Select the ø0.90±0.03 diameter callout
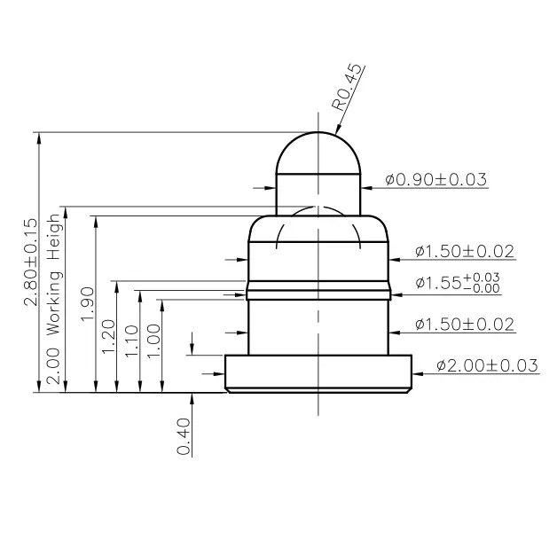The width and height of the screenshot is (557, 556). pyautogui.click(x=435, y=180)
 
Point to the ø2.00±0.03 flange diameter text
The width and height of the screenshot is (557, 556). pyautogui.click(x=487, y=364)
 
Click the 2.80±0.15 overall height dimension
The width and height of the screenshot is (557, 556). pyautogui.click(x=29, y=262)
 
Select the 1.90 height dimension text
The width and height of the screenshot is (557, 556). pyautogui.click(x=87, y=304)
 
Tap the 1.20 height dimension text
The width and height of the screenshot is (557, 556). pyautogui.click(x=108, y=337)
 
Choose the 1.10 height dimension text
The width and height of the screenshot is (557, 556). pyautogui.click(x=131, y=341)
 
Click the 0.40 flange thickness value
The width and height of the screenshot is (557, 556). pyautogui.click(x=184, y=437)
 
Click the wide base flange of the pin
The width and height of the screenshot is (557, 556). pyautogui.click(x=318, y=372)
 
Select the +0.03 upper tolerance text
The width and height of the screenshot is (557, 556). pyautogui.click(x=482, y=276)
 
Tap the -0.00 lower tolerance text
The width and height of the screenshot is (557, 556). pyautogui.click(x=482, y=288)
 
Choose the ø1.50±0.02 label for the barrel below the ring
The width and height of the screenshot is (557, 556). pyautogui.click(x=465, y=325)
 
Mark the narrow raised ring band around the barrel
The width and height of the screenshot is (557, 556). pyautogui.click(x=318, y=290)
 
